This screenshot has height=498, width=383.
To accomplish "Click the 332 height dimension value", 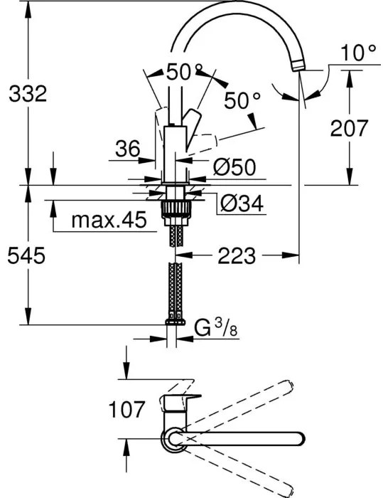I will [27, 92].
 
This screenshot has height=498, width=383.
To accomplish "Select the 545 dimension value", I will [27, 254].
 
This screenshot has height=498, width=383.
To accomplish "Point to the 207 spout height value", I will [349, 128].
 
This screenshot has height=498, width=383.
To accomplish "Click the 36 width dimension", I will [128, 149].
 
